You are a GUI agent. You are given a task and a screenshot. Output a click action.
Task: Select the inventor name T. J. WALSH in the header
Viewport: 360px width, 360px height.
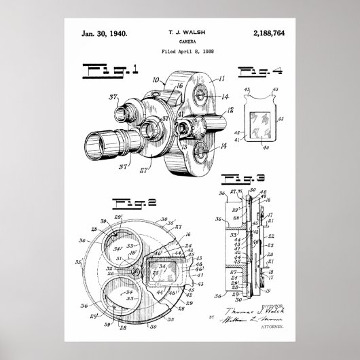(180, 32)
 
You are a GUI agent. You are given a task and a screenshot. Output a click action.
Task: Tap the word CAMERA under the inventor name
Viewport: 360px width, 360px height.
(180, 41)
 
